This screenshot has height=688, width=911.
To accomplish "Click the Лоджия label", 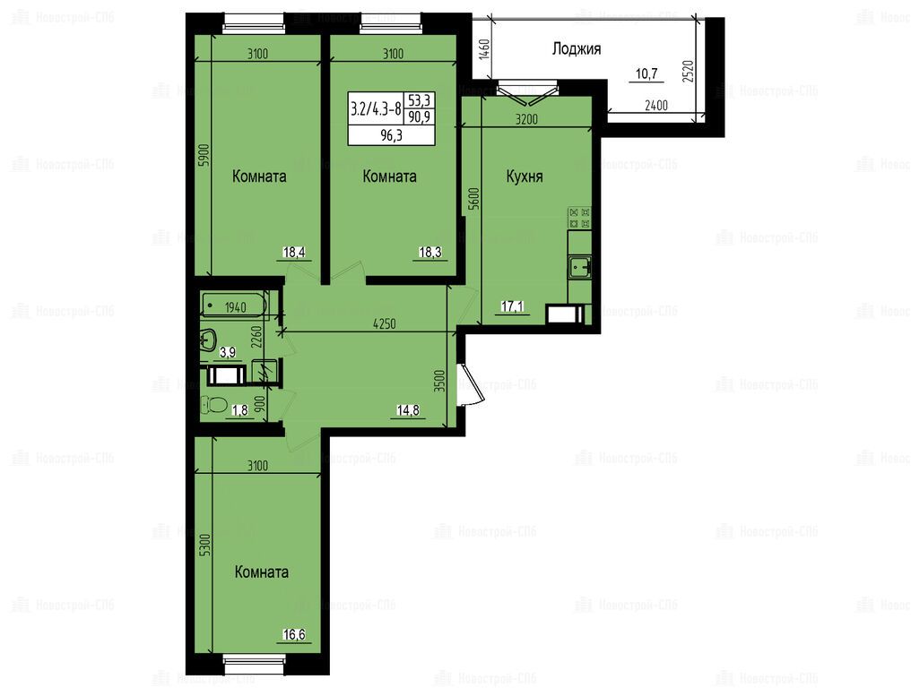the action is coord(576,48).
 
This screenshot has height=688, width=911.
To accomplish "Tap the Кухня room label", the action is coord(525,176).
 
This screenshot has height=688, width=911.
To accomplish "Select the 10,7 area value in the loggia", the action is coord(646,73).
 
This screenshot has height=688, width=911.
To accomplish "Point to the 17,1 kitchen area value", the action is coord(512,305).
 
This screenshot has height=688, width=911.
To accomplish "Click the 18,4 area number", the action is coord(294,252).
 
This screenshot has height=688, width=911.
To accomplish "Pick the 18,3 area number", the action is coord(430,252).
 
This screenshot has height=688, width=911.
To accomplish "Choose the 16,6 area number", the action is coord(294,634).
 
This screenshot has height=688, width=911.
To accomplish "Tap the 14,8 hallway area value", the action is coord(408,410).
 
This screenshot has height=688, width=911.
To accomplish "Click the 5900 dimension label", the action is coord(203,156).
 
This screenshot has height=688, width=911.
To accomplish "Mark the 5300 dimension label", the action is coord(204,546).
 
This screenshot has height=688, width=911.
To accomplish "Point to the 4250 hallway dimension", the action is coord(384,324).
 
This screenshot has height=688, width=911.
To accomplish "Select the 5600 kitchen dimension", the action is coord(474,198).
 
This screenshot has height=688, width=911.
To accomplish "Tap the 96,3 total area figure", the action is coord(392,136).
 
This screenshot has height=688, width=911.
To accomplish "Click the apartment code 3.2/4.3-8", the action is coord(376,108).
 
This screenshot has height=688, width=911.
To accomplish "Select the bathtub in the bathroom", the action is coord(235,305).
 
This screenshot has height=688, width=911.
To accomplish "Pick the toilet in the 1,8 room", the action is coord(213,404).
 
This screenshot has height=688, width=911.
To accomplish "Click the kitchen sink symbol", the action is coord(579,268).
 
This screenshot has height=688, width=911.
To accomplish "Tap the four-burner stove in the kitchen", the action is coord(579,218).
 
